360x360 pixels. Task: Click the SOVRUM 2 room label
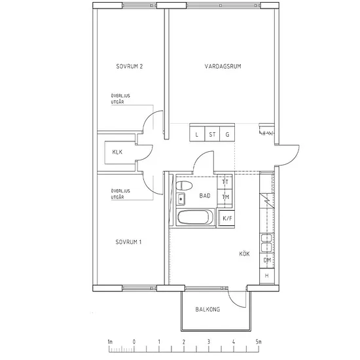130,66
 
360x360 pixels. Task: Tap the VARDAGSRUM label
223,66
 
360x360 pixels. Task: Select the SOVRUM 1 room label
128,242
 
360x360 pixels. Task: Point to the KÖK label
244,254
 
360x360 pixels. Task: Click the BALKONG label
207,309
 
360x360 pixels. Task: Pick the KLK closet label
117,152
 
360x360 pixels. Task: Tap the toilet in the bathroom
184,185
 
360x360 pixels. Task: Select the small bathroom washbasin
181,199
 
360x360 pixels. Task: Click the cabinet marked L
197,134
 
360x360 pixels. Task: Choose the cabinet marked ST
212,134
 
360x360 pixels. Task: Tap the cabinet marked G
227,134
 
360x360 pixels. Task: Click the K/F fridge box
226,219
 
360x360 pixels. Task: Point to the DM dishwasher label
267,261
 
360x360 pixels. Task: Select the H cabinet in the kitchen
267,276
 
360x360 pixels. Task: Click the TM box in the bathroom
225,197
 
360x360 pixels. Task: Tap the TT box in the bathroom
225,182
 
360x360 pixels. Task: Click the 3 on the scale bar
209,342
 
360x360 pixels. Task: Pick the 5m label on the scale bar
259,342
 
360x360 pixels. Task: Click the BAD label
205,196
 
